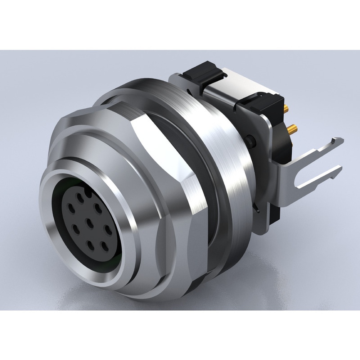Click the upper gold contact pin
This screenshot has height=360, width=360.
click(287, 108)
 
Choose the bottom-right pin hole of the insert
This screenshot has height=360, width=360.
click(105, 247)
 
